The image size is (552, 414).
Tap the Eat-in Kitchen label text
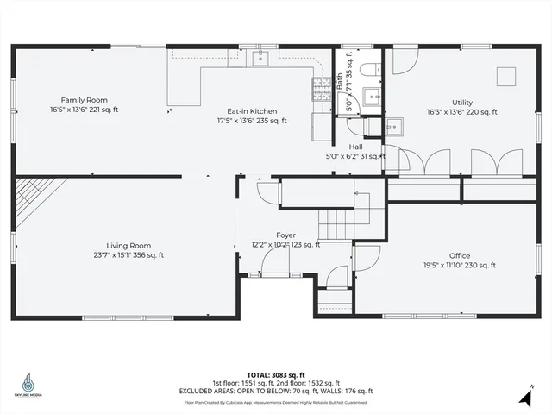252,110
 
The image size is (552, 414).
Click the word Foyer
285,235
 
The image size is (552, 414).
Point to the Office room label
459,255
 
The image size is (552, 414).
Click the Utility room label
461,100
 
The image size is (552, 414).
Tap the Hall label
355,147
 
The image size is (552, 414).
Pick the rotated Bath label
340,82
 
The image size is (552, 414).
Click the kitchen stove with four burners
320,86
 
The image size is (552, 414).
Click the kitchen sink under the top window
261,58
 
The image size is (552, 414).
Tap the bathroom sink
373,96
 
